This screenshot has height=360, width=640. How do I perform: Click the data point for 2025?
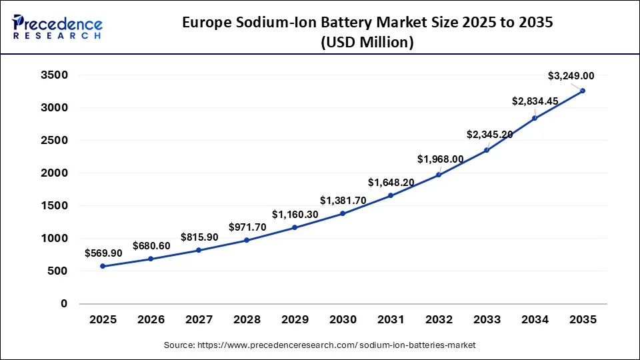tap(103, 266)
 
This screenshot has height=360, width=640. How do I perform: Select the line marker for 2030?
tap(343, 213)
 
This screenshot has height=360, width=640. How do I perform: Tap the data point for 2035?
tap(583, 91)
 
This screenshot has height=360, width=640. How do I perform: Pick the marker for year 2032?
tap(439, 175)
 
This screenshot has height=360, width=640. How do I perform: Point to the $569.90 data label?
tap(103, 253)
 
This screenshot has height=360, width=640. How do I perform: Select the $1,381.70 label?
tap(343, 200)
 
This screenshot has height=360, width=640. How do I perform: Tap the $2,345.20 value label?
tap(489, 135)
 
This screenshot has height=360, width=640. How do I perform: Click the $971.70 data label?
tap(247, 227)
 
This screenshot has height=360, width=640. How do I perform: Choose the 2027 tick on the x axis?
tap(199, 320)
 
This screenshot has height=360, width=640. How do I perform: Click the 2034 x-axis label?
tap(535, 320)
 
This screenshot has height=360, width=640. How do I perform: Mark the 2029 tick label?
tap(295, 320)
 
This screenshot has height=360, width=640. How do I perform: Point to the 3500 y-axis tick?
tap(55, 75)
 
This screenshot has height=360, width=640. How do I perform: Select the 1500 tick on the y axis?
tap(55, 206)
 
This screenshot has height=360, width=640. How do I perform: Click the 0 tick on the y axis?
tap(64, 304)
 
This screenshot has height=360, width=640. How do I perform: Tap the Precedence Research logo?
tap(57, 27)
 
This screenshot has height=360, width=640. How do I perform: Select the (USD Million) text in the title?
tap(368, 43)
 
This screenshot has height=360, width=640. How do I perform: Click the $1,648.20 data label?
tap(391, 182)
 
